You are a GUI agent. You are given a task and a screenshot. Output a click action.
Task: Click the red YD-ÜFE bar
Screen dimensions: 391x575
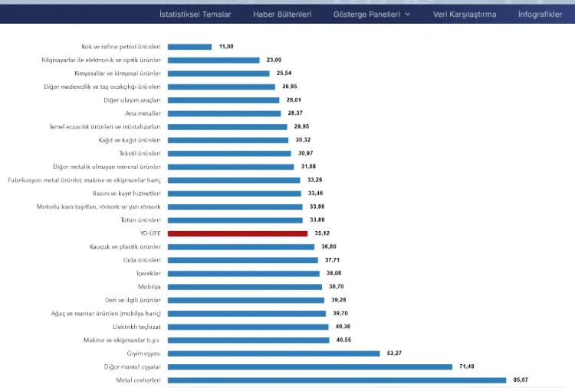point(237,233)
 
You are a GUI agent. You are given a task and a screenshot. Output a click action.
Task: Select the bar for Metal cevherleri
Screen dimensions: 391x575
point(337,380)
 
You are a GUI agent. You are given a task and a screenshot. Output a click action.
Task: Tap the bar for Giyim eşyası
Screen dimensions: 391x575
point(274,354)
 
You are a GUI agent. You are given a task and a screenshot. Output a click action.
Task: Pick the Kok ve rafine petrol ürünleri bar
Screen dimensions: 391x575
point(189,47)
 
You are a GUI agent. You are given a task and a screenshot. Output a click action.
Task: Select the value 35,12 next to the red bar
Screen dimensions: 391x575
point(322,233)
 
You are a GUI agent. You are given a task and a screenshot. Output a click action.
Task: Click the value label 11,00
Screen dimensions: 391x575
point(226,47)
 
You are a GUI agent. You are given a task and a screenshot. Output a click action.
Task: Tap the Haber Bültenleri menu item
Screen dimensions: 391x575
point(282,14)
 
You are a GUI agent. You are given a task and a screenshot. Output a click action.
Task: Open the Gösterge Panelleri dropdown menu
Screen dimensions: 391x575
point(372,14)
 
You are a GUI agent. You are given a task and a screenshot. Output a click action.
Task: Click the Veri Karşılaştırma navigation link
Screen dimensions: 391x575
point(464,14)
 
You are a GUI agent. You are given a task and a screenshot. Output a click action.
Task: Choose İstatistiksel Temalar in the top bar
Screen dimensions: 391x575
point(195,14)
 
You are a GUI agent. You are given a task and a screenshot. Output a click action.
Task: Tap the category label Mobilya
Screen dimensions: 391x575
point(149,287)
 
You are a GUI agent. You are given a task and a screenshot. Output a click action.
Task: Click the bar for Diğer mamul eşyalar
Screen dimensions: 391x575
point(310,367)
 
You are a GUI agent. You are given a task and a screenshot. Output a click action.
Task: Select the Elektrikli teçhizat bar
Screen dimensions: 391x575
point(248,327)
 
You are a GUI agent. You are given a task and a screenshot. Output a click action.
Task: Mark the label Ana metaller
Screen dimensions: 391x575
point(143,113)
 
